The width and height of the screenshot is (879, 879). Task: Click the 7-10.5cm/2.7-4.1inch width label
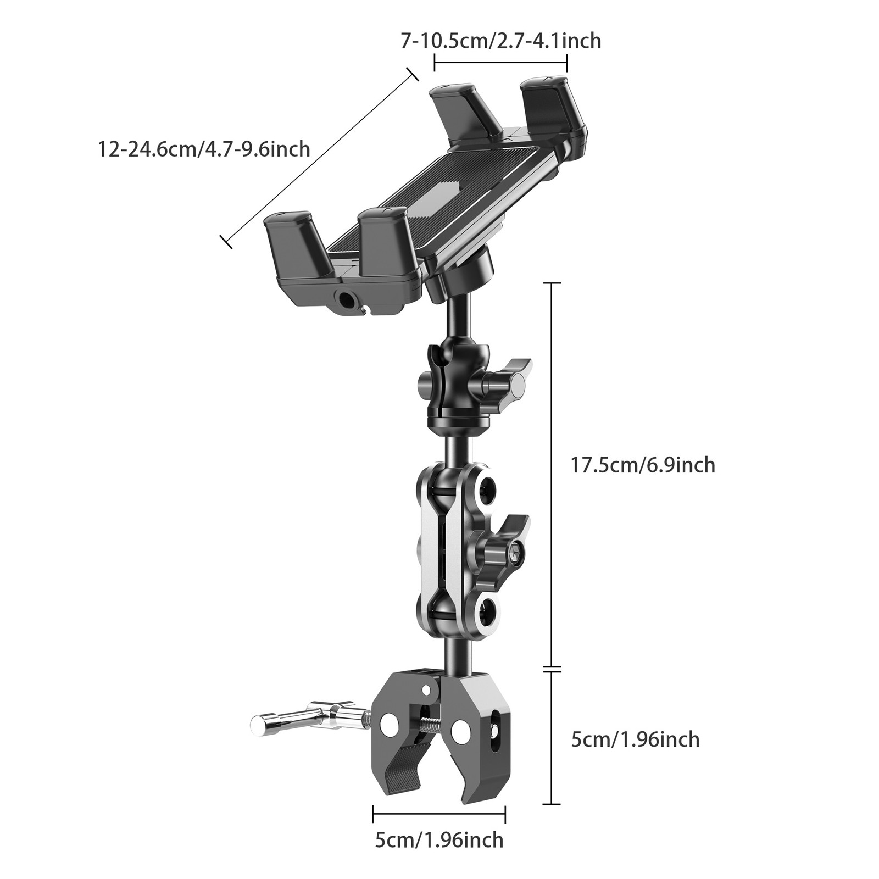[500, 41]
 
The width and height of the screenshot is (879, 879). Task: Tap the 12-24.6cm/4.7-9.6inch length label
[204, 149]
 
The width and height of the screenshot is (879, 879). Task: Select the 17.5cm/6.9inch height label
[643, 465]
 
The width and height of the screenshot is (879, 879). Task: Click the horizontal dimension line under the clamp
[439, 814]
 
